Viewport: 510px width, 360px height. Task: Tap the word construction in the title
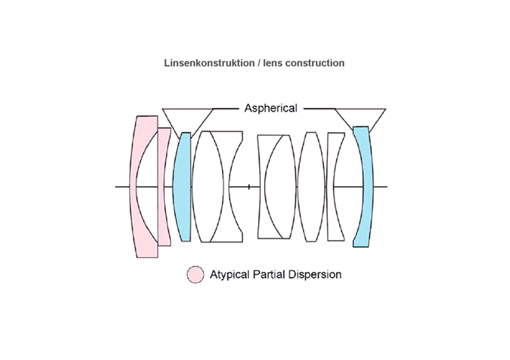click(316, 64)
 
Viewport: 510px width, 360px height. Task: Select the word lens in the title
click(274, 64)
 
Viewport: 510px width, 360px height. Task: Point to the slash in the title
click(258, 64)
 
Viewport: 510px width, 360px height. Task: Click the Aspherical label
click(271, 108)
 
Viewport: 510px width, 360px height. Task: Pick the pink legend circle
click(195, 274)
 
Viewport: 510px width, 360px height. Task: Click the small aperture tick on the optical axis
click(249, 186)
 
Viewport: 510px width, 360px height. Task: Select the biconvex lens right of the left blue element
click(203, 186)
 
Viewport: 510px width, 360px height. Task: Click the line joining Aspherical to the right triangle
click(319, 109)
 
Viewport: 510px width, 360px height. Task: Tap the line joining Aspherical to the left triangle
click(226, 109)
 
